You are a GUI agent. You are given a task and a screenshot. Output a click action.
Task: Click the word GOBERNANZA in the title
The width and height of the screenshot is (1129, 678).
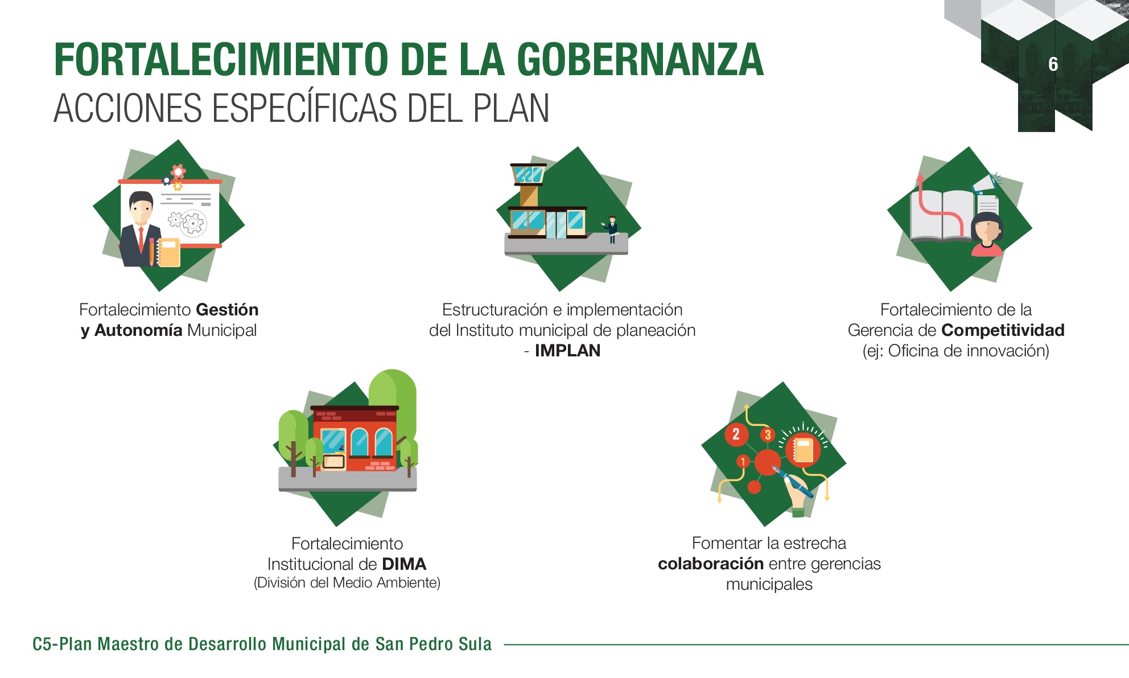coord(640,60)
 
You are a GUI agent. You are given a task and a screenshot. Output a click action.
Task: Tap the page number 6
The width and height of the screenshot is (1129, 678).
coord(1053,64)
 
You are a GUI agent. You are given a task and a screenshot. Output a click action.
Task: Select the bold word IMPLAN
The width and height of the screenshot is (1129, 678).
coord(567,351)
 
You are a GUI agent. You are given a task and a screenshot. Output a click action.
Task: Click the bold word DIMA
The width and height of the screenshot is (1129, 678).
coord(405,564)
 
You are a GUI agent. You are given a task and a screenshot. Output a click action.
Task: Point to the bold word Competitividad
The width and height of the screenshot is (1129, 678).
coord(1003,330)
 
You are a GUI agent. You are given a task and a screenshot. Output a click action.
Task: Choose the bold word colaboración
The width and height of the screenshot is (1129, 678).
coord(711,564)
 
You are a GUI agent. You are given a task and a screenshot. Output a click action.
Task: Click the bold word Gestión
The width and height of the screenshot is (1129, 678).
coord(227,310)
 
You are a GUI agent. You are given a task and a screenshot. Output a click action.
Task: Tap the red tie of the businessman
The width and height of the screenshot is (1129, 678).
coord(141,239)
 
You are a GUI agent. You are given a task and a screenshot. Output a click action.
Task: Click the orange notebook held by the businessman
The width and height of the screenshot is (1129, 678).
coord(169,253)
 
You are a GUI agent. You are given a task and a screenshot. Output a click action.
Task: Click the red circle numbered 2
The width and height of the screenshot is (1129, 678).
coord(736,434)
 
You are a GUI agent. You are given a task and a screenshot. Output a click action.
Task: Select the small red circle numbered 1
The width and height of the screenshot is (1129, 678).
coord(743,461)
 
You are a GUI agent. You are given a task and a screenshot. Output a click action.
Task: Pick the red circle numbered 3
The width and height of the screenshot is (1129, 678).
coord(768,435)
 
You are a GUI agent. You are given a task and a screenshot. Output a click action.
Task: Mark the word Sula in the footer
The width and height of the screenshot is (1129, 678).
coord(475,644)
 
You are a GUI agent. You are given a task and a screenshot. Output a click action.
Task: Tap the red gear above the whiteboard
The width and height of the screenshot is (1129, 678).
coord(179,171)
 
